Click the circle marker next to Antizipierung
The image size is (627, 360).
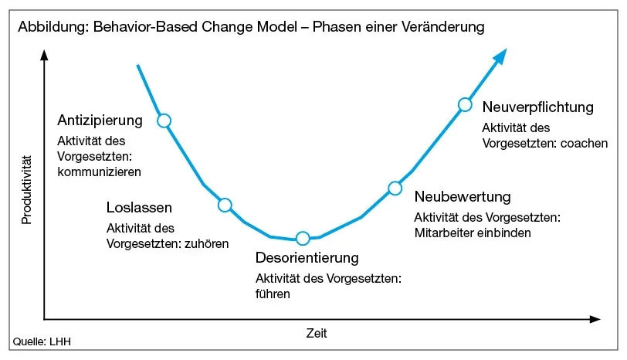[163, 120]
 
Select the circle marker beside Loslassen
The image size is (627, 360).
[225, 205]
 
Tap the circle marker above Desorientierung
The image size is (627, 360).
[303, 238]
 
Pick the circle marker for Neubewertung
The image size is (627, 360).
[395, 188]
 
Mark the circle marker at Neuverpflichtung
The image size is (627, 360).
[465, 104]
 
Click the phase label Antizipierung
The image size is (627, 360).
[100, 121]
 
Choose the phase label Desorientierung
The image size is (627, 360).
[307, 257]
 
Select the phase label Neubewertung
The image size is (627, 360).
[463, 196]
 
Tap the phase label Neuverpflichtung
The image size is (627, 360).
[537, 107]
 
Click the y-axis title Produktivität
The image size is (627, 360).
[26, 190]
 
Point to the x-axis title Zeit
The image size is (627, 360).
[316, 334]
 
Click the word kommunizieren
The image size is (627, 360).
[100, 172]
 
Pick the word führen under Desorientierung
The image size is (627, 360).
[273, 294]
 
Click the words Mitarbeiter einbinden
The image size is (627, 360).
[473, 232]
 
